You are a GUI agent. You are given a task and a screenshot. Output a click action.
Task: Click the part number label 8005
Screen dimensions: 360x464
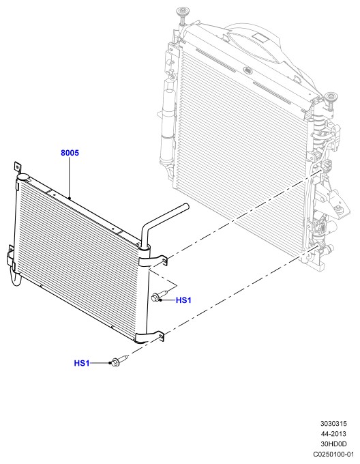[70, 153]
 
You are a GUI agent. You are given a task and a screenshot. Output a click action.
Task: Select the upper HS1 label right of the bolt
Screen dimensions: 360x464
[183, 300]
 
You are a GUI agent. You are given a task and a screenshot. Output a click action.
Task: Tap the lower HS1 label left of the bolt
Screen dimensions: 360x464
[82, 363]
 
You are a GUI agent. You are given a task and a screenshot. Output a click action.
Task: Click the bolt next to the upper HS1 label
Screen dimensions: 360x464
[160, 296]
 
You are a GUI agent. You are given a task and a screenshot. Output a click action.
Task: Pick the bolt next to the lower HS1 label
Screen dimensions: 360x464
[118, 361]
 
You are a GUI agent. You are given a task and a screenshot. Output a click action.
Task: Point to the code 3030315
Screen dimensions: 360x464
[333, 424]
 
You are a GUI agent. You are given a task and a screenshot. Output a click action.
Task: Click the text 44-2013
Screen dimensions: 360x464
[333, 434]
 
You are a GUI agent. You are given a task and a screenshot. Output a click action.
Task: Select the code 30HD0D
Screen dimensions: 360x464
[333, 444]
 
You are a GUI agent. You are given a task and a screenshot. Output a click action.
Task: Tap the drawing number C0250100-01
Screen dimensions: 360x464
[333, 454]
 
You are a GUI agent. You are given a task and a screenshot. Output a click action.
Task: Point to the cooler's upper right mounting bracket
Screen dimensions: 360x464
[153, 261]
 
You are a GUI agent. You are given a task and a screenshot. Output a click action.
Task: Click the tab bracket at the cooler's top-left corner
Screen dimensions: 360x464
[17, 167]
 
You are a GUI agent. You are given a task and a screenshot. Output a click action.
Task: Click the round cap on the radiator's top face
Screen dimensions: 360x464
[247, 70]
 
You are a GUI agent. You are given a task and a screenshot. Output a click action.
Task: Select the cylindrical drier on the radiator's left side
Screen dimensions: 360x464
[166, 124]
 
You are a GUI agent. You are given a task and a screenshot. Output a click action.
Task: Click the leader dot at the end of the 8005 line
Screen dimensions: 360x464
[69, 198]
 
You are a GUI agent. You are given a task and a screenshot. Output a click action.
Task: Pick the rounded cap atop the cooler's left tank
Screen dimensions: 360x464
[22, 177]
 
